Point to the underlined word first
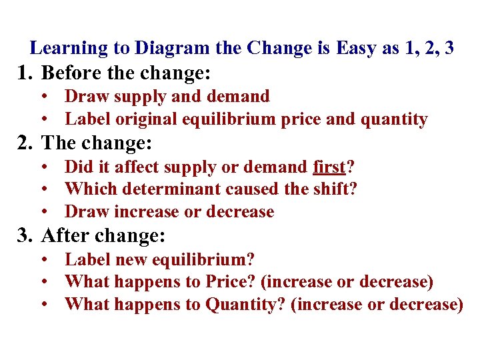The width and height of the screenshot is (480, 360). point(329,167)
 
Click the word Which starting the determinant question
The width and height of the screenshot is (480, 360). point(87,189)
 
